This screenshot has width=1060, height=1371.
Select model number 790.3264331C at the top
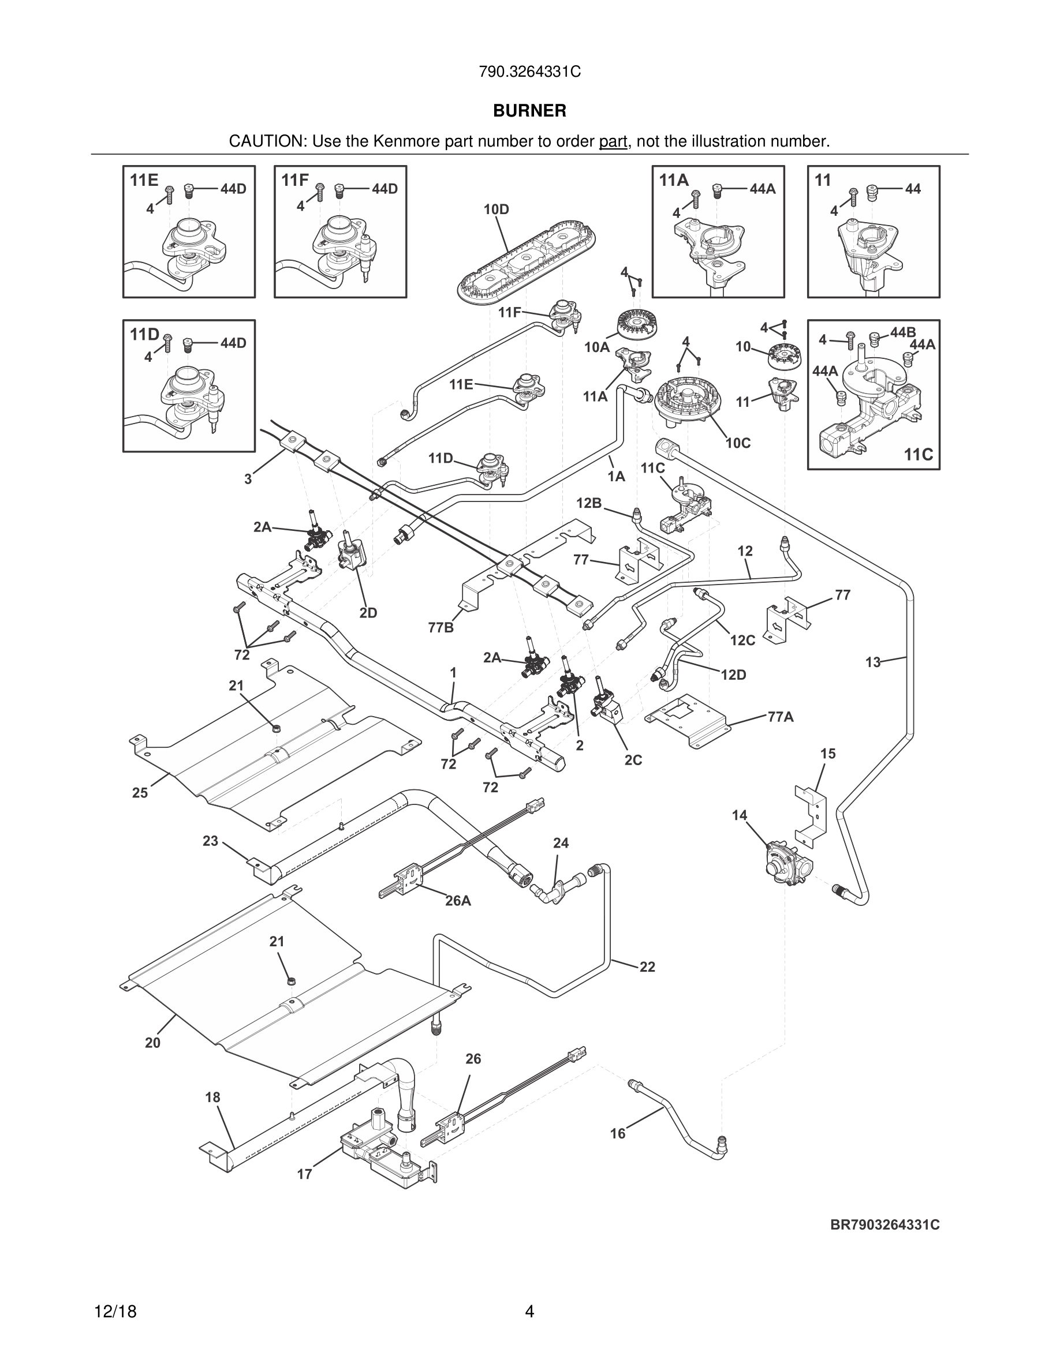(529, 72)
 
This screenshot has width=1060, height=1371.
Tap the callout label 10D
(496, 209)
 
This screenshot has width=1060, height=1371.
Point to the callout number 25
(140, 793)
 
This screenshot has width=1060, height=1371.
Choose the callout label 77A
(781, 717)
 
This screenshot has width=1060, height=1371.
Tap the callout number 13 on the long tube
(873, 662)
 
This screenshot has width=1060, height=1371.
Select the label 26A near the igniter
(458, 901)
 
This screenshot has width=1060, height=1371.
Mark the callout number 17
(305, 1174)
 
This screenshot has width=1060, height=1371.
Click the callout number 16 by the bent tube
(618, 1133)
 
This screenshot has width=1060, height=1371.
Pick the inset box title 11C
(918, 455)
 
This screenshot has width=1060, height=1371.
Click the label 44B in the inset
(902, 334)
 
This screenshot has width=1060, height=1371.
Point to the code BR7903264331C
(885, 1225)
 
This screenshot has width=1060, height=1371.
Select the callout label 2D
(368, 613)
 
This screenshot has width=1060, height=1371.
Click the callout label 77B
(441, 627)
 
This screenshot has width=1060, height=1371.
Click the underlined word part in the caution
(613, 142)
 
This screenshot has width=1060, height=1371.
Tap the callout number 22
(647, 967)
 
